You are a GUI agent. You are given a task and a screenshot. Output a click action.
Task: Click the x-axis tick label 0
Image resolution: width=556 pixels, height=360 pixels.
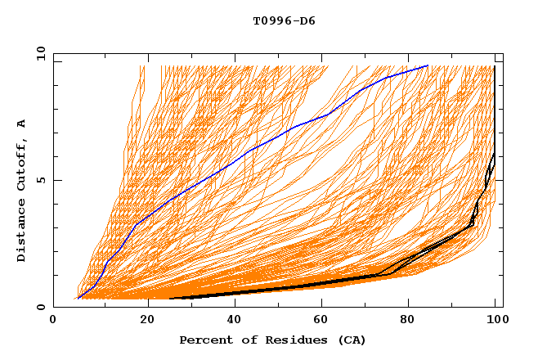pyautogui.click(x=54, y=321)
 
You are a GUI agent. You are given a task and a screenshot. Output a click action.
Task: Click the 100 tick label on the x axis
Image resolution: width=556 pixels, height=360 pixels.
pyautogui.click(x=495, y=321)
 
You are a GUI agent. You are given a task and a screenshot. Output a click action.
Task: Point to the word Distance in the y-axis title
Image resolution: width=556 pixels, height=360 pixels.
pyautogui.click(x=22, y=233)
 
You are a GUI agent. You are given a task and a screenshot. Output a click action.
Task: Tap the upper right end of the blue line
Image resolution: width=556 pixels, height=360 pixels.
pyautogui.click(x=428, y=65)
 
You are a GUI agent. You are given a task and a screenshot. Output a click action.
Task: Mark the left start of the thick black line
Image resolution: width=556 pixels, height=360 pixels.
pyautogui.click(x=170, y=298)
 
